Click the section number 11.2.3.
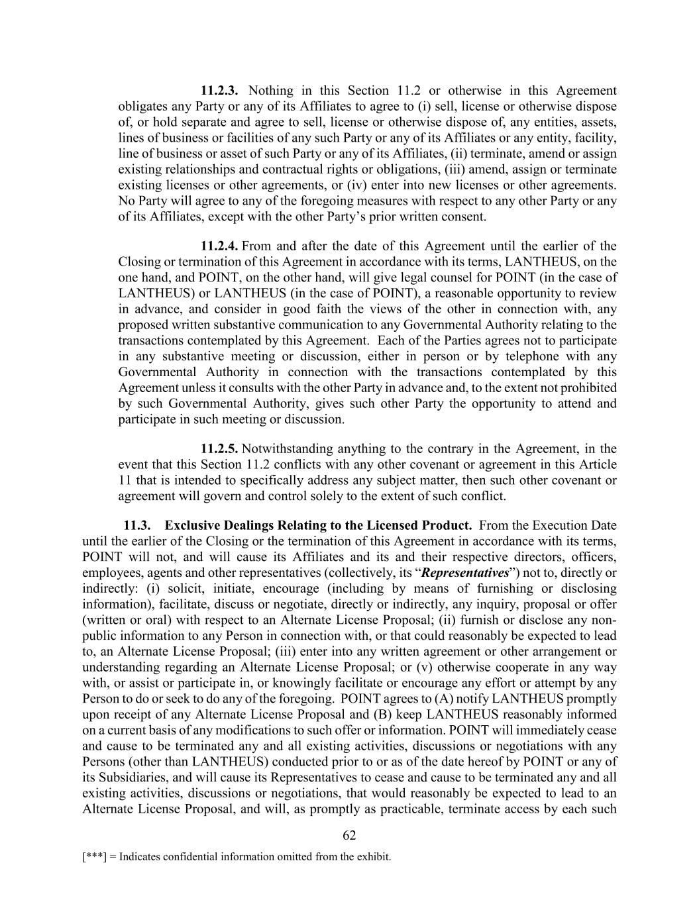click(219, 91)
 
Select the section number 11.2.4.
click(219, 246)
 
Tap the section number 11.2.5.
click(219, 448)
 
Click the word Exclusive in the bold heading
click(191, 525)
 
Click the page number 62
click(349, 836)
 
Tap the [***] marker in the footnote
click(93, 857)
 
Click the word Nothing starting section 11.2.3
click(270, 91)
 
